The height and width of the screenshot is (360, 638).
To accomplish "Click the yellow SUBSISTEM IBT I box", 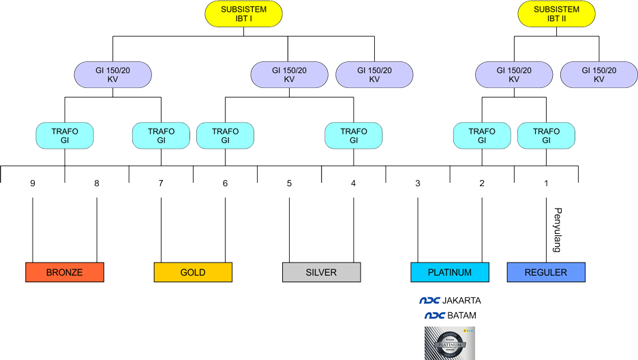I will pos(243,14).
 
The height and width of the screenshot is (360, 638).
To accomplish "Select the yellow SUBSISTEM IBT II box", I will pos(556,14).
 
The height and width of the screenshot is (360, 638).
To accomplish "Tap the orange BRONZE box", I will pos(65,273).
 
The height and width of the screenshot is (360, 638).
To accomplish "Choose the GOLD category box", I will pos(193,273).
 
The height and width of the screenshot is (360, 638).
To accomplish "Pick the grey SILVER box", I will pos(321,273).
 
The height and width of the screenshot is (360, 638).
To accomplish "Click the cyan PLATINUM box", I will pos(449,273).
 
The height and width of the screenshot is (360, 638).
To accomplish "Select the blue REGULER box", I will pos(546,273).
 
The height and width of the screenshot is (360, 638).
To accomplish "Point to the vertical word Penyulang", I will pos(557,230).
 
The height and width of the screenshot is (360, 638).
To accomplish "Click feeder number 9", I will pos(33,183).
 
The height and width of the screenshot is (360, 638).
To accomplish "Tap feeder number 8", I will pos(97,183).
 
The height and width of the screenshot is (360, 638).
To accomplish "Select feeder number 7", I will pos(161,183).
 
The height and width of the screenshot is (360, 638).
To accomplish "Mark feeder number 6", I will pos(225,183).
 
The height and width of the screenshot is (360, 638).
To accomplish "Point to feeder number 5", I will pos(289,183).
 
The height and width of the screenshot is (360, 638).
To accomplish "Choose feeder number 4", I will pos(353,183).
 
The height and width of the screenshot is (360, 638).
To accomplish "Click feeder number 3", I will pos(417,183).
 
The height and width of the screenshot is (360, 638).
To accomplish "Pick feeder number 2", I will pos(482,183).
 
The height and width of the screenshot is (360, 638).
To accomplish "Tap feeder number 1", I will pos(546,183).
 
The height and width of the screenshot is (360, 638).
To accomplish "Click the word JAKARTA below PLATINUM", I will pos(461,301).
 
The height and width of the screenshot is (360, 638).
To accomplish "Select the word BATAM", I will pos(461,316).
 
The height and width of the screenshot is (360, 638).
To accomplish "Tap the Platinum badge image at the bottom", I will pos(449,343).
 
